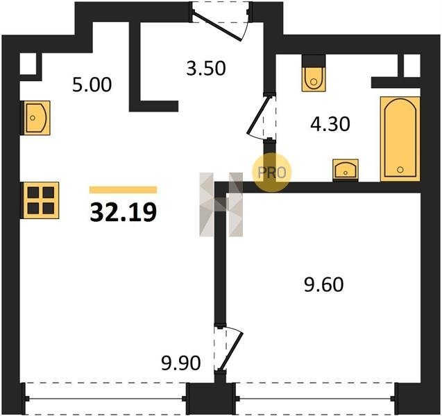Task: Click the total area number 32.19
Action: tap(124, 212)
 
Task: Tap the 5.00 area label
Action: tap(92, 85)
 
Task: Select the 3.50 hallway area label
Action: tap(206, 69)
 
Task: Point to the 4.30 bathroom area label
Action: tap(330, 124)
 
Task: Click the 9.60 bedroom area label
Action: tap(324, 284)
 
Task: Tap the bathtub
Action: tap(400, 139)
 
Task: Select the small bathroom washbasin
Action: tap(346, 169)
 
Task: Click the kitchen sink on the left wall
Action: tap(36, 118)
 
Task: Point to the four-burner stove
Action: tap(40, 200)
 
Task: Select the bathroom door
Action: tap(261, 117)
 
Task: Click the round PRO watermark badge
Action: tap(271, 173)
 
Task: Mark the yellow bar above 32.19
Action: tap(123, 190)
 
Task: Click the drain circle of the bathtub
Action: tap(400, 170)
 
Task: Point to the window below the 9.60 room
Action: tap(316, 398)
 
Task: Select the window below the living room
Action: tap(105, 398)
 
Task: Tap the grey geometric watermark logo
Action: tap(221, 205)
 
